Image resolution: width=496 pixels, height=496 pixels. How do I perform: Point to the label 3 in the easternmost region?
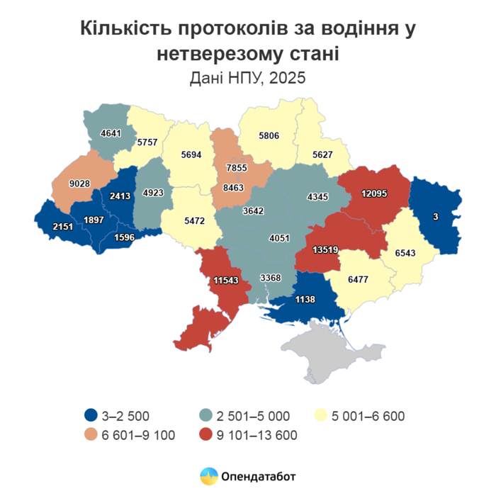(x=436, y=217)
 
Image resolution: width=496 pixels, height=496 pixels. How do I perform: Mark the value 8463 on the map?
(x=232, y=189)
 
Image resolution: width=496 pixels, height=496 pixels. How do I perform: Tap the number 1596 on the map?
(x=125, y=237)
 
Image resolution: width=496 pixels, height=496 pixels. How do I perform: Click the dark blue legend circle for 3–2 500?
(x=90, y=415)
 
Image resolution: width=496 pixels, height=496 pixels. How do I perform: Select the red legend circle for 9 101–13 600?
(x=206, y=434)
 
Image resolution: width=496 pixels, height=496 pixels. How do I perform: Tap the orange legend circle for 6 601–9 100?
(x=90, y=434)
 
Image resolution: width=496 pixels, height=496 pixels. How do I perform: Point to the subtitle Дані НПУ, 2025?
(x=247, y=77)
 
